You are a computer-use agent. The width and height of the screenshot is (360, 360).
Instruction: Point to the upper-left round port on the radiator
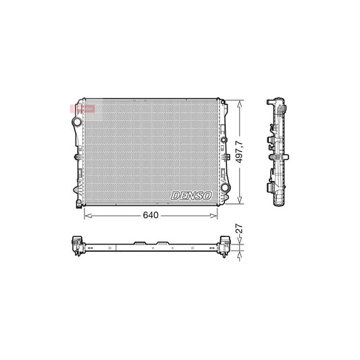click(77, 122)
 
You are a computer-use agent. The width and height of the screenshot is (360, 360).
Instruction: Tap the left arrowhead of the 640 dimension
click(85, 215)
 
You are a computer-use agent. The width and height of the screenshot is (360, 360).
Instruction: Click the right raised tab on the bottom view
click(163, 242)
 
